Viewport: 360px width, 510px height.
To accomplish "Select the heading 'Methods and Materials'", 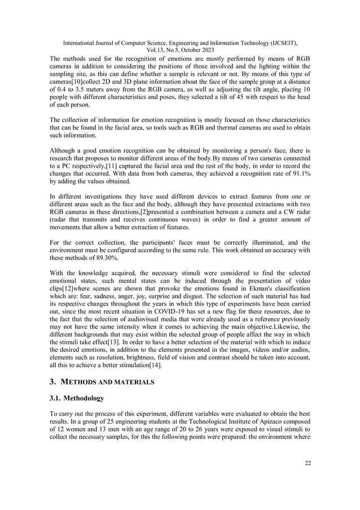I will click(107, 382).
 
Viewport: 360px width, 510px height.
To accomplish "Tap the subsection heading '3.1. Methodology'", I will click(77, 399).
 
